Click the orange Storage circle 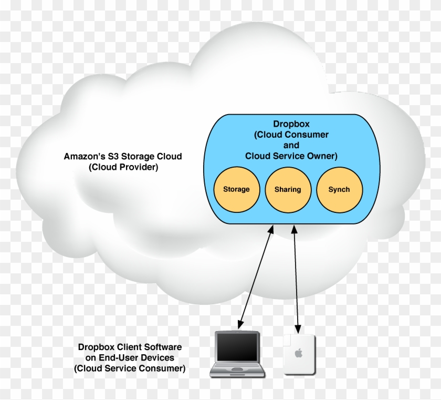point(236,190)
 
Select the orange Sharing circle point(287,190)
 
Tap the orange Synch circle point(339,190)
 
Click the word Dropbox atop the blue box point(291,125)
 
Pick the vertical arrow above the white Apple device point(297,279)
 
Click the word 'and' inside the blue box point(291,145)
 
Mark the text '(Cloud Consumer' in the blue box point(291,135)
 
